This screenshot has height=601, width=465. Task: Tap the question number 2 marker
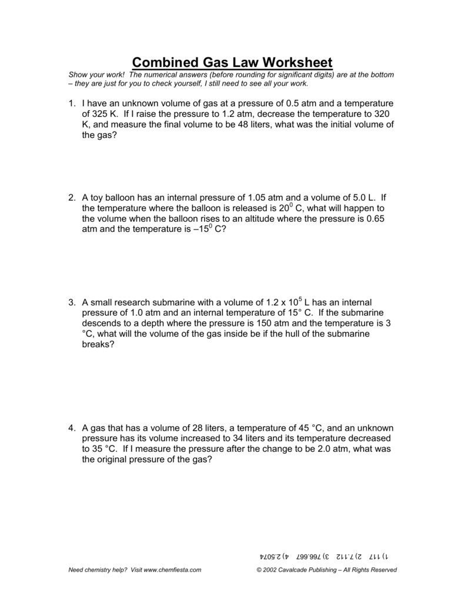[72, 198]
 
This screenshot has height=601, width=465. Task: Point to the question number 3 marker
[72, 302]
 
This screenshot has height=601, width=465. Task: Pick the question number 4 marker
[72, 428]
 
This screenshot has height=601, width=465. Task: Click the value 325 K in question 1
[102, 114]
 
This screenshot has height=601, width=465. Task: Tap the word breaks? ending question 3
[98, 345]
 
